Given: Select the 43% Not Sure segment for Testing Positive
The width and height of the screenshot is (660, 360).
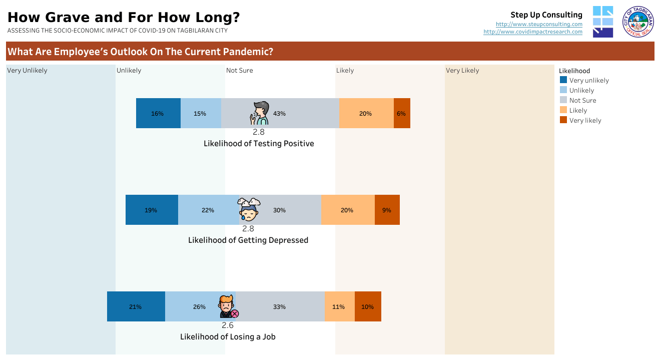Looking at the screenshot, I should coord(295,113).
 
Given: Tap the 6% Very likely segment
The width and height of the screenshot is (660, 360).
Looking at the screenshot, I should coord(402,113).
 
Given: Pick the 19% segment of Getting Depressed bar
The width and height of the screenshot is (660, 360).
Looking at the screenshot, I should coord(152,210).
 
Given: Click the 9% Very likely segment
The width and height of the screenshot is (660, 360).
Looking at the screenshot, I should coord(387,210).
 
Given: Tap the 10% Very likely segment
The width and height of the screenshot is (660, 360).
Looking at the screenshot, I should coord(368,306).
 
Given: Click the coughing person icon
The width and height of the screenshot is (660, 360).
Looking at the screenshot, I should coord(260,113).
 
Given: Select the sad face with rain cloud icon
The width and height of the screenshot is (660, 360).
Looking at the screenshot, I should coord(249,210).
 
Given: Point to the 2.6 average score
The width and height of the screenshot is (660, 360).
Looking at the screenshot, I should coord(228,325).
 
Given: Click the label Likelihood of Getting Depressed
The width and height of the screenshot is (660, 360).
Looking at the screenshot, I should coord(248,240).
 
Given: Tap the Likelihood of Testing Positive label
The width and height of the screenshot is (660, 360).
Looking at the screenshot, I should coord(259,143).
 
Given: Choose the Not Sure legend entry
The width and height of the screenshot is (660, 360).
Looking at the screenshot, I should coord(582,100).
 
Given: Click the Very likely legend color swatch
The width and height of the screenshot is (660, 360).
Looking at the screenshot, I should coord(563,120).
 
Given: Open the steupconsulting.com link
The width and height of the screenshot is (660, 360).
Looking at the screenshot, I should coord(539,24).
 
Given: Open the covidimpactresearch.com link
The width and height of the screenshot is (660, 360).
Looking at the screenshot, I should coord(533,32).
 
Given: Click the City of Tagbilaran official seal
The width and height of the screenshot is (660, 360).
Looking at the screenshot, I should coord(638,22).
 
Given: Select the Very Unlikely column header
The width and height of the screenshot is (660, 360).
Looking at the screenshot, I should coord(27,71).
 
